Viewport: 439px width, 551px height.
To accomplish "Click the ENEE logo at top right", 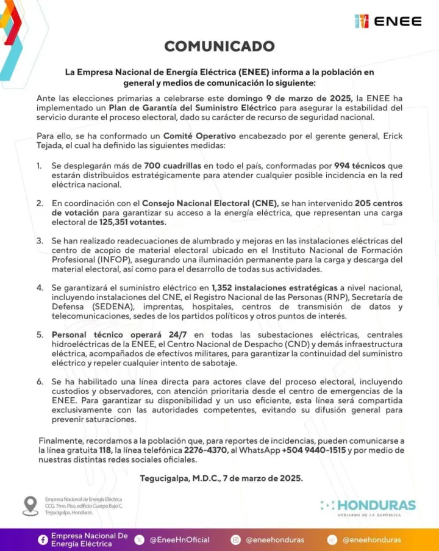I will (x=388, y=21).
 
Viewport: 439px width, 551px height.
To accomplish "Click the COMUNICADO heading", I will (x=220, y=46).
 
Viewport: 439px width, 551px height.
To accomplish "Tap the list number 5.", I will (x=40, y=334).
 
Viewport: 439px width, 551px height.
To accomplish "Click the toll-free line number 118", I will (x=108, y=450).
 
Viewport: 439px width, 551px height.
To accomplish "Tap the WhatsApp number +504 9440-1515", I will (x=313, y=450).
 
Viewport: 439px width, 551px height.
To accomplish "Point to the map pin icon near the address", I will (x=30, y=505).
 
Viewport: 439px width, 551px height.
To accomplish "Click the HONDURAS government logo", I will (x=369, y=506).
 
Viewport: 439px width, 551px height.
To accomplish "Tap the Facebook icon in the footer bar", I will (x=43, y=539).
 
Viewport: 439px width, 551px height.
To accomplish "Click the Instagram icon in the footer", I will (x=236, y=539).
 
